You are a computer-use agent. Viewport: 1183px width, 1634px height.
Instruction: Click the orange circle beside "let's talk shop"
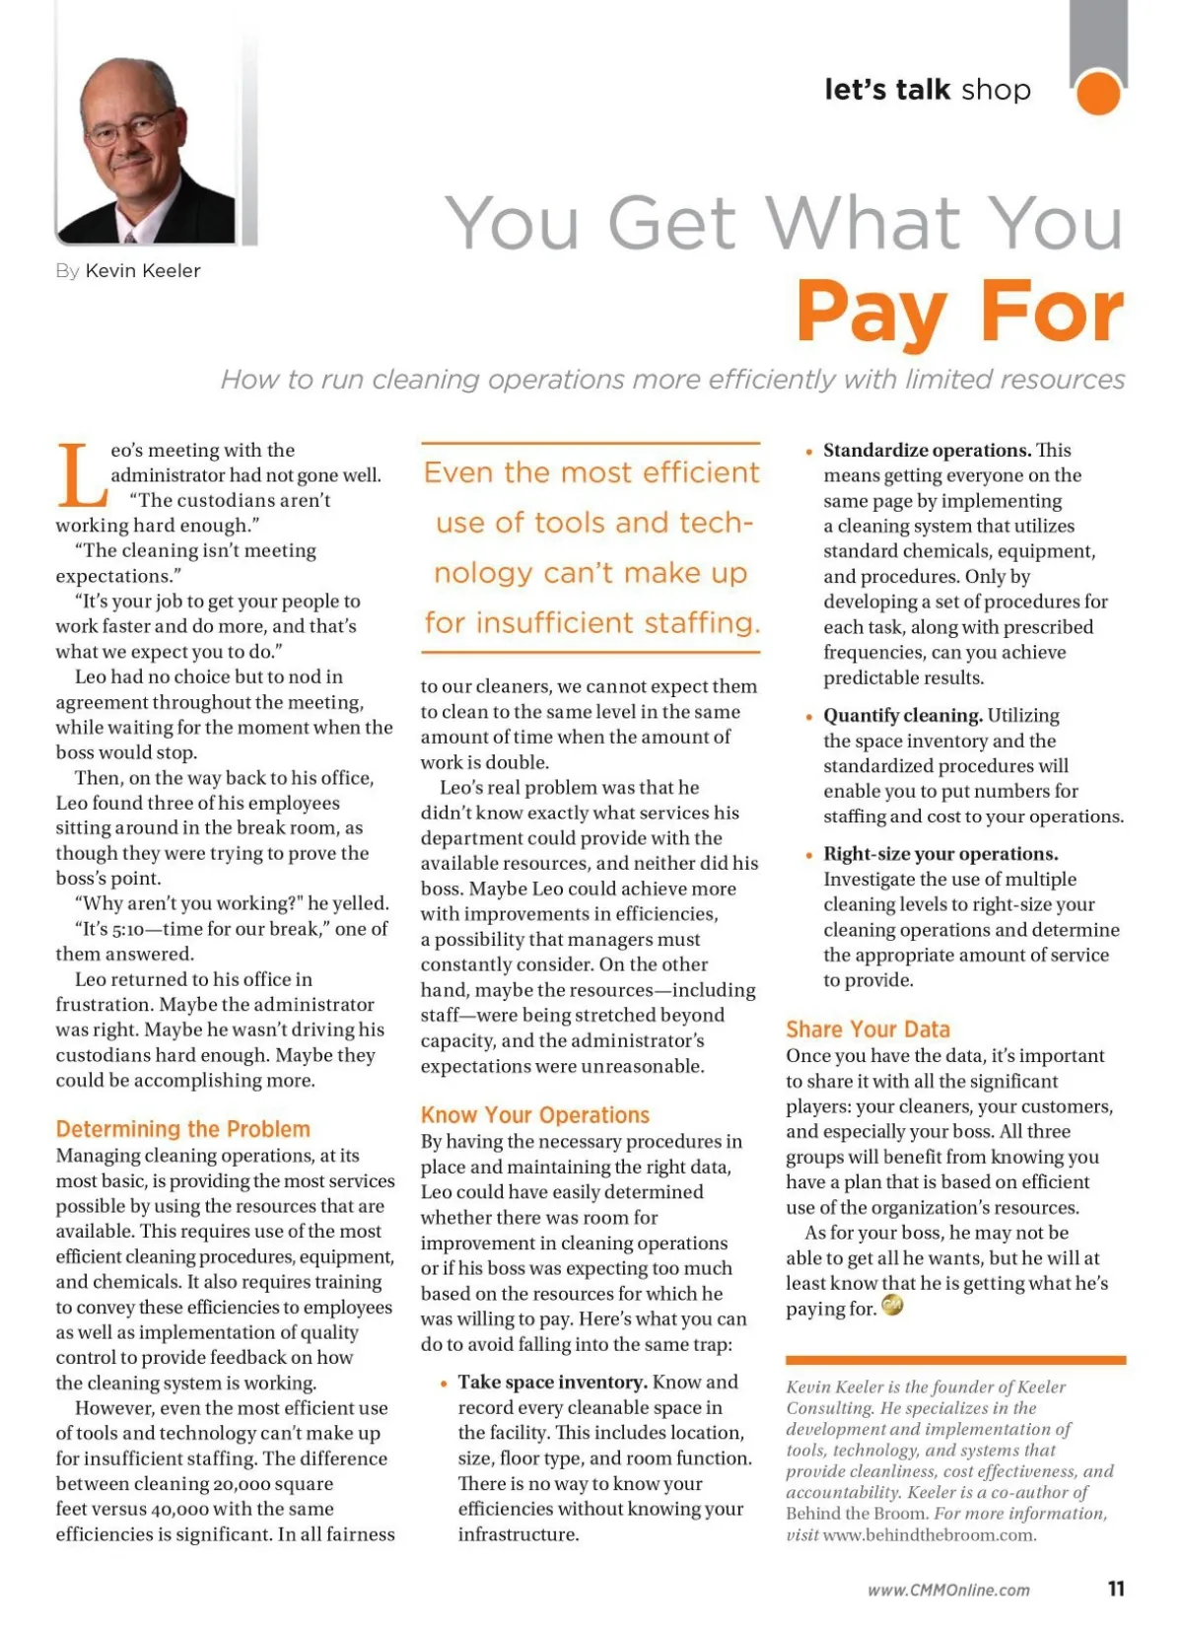[x=1097, y=93]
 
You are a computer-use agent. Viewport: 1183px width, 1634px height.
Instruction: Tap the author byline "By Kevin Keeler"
[x=128, y=271]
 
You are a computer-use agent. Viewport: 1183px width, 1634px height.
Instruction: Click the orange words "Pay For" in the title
[x=959, y=312]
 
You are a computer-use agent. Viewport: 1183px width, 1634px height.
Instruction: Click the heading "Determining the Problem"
[x=182, y=1129]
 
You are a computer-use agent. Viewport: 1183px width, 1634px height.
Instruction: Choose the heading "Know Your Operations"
[x=534, y=1115]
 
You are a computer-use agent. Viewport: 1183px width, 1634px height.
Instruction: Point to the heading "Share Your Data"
[x=868, y=1030]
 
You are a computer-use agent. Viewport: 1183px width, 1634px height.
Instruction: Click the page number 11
[x=1116, y=1589]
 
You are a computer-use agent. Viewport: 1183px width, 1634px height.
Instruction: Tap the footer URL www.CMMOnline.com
[x=948, y=1590]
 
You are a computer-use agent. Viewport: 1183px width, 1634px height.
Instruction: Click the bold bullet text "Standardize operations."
[x=927, y=451]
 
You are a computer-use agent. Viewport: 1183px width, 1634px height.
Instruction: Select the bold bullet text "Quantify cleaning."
[x=903, y=716]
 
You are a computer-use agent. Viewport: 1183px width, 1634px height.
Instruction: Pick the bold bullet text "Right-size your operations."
[x=940, y=854]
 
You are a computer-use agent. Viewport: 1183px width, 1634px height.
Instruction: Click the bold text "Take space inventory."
[x=552, y=1383]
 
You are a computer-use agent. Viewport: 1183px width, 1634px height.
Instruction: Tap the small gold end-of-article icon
[x=892, y=1307]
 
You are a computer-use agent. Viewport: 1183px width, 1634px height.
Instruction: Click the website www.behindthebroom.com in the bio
[x=929, y=1535]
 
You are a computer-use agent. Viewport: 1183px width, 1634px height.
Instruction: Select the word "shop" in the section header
[x=996, y=90]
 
